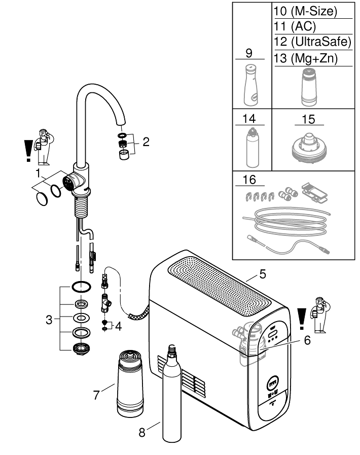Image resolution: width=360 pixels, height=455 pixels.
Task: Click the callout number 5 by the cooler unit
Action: coord(262,275)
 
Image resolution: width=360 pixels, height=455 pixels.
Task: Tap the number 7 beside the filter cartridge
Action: coord(96,394)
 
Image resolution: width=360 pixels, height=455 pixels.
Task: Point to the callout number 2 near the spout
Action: coord(146,142)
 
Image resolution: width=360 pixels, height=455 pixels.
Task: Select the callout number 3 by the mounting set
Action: coord(49,320)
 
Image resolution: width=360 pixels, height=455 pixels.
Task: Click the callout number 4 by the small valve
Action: coord(119,326)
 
